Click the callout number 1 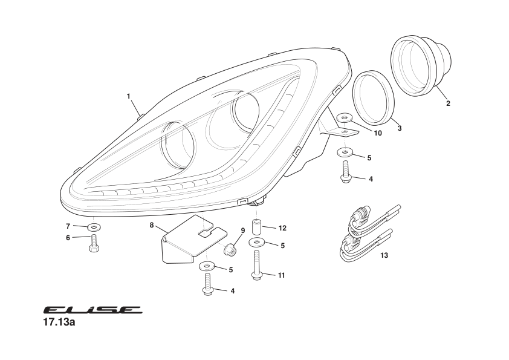click(129, 96)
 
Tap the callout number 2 click(448, 103)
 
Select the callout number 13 click(384, 255)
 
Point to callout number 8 click(152, 225)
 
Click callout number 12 click(282, 228)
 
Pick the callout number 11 click(281, 275)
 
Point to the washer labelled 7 click(95, 227)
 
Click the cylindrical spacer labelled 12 click(256, 229)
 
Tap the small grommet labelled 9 click(230, 248)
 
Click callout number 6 click(68, 238)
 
